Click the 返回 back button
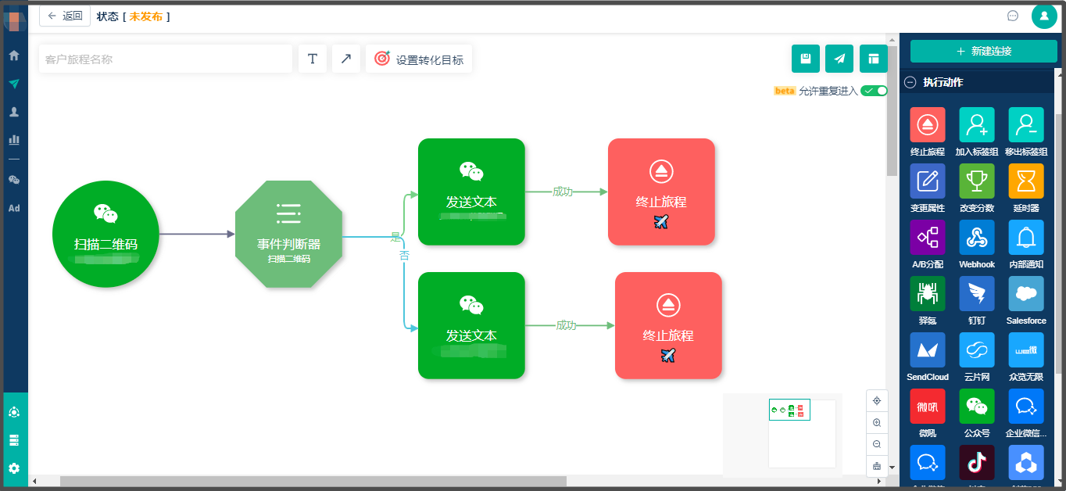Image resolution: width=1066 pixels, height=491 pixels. (65, 16)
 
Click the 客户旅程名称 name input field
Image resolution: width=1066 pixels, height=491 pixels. (165, 59)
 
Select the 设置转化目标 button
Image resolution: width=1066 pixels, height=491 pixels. (419, 59)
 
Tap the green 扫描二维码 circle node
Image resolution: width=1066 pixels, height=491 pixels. (106, 234)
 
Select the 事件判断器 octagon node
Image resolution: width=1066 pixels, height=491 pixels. (288, 234)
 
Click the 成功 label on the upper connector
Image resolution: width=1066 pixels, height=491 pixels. (562, 192)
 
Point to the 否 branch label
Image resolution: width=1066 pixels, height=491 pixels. (404, 255)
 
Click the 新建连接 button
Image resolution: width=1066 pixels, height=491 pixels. (983, 51)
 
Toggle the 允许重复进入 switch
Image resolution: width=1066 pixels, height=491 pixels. (874, 91)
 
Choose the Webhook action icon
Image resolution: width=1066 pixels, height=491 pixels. (977, 238)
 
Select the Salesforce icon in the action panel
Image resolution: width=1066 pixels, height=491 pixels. (1026, 294)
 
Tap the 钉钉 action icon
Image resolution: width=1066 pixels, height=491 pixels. (977, 294)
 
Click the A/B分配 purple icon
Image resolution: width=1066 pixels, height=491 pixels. (928, 238)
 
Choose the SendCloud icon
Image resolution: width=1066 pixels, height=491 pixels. (928, 350)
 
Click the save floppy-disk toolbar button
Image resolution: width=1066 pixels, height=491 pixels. (806, 59)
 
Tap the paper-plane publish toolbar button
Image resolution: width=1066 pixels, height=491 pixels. (839, 59)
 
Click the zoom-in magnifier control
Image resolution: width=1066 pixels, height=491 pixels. (877, 422)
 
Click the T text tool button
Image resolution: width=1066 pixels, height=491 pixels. (313, 59)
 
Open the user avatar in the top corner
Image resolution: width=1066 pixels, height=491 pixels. (1044, 16)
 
